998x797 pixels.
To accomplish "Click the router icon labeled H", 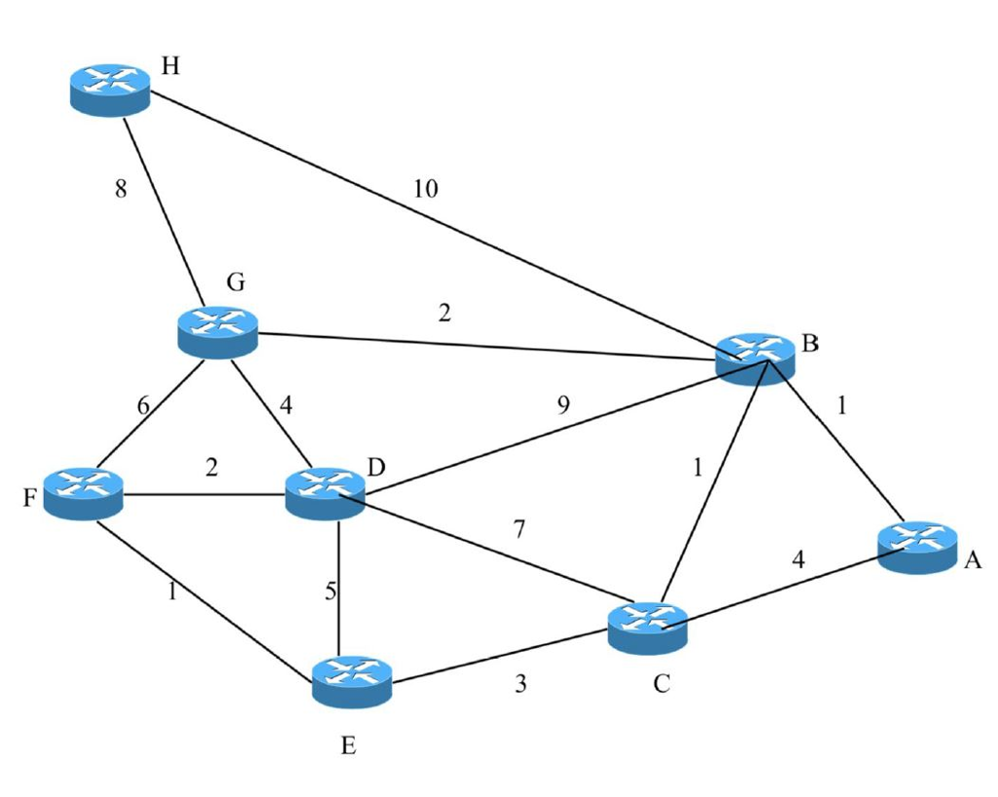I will pyautogui.click(x=110, y=89).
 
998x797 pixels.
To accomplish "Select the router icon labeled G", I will pyautogui.click(x=217, y=331).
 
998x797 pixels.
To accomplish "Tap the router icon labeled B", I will pyautogui.click(x=755, y=358).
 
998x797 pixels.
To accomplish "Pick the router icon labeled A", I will pyautogui.click(x=917, y=547).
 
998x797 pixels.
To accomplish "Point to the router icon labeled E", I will pyautogui.click(x=352, y=680).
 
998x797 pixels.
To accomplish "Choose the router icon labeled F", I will pyautogui.click(x=84, y=493).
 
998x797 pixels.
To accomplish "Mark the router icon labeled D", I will pyautogui.click(x=325, y=493).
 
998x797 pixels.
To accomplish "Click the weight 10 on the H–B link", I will pyautogui.click(x=425, y=189).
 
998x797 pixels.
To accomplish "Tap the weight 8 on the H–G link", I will pyautogui.click(x=121, y=189).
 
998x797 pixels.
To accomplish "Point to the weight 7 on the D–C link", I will pyautogui.click(x=519, y=531).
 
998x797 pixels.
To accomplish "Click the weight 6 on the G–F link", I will pyautogui.click(x=143, y=406).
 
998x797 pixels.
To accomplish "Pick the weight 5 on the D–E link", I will pyautogui.click(x=330, y=591).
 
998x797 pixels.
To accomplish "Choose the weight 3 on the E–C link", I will pyautogui.click(x=520, y=684).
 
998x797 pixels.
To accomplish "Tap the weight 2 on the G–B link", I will pyautogui.click(x=444, y=314).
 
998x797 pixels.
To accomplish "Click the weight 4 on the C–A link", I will pyautogui.click(x=798, y=560).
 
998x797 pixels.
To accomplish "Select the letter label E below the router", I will pyautogui.click(x=349, y=747).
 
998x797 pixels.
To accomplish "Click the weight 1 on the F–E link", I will pyautogui.click(x=173, y=591).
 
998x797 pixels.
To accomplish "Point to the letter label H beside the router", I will pyautogui.click(x=171, y=66).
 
